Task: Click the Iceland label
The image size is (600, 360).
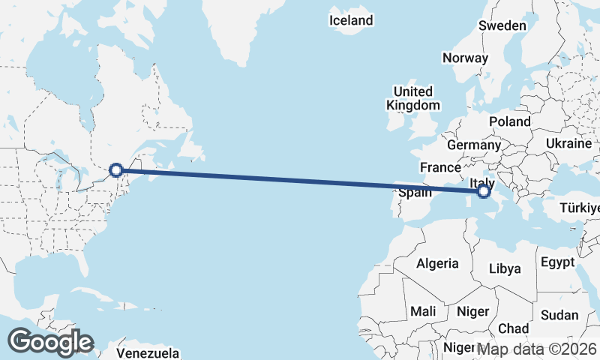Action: click(351, 20)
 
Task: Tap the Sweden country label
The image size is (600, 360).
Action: click(502, 25)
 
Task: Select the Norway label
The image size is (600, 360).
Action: click(465, 58)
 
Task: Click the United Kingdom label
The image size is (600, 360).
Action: click(412, 98)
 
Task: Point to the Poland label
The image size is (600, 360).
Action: click(509, 121)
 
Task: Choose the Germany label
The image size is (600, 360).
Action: click(472, 145)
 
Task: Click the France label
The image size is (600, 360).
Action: click(440, 167)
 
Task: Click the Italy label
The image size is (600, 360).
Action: click(481, 182)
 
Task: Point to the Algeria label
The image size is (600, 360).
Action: click(437, 263)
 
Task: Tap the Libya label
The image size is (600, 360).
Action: click(504, 268)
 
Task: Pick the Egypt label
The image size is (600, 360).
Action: click(557, 262)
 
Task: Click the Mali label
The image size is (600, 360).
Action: click(423, 310)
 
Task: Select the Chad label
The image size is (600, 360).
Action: click(513, 328)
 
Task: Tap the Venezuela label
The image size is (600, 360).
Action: click(148, 352)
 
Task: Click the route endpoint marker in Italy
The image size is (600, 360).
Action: click(483, 193)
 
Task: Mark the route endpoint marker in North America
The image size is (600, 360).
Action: click(116, 170)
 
